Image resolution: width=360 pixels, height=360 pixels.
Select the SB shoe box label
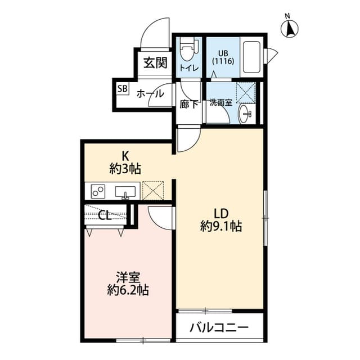122,89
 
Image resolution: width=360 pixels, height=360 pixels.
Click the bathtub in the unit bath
251,56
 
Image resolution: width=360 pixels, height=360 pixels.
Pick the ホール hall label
150,94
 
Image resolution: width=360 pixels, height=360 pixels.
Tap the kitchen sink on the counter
125,192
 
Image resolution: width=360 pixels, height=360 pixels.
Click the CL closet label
104,214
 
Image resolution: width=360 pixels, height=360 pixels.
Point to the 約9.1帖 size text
220,227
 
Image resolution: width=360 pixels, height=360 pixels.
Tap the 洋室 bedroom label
128,277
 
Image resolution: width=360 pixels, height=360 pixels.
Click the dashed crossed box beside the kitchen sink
152,191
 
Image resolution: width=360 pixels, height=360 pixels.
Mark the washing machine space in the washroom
246,92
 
